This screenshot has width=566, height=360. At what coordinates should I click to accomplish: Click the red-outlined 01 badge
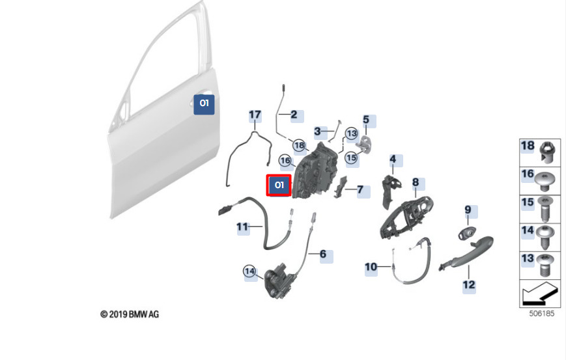(x=279, y=186)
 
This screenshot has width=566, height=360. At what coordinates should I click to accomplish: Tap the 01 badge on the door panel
(x=204, y=105)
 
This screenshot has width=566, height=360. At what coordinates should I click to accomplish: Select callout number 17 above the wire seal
(x=255, y=115)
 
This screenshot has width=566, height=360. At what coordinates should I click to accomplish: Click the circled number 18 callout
(x=299, y=145)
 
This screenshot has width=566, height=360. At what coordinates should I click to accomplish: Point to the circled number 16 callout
(x=285, y=161)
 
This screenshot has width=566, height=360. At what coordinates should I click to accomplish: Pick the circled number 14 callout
(x=250, y=271)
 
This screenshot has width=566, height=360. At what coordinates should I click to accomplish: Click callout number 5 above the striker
(x=366, y=119)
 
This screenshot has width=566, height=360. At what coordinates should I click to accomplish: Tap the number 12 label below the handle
(x=469, y=285)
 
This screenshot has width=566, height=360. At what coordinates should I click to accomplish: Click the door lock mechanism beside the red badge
(x=315, y=171)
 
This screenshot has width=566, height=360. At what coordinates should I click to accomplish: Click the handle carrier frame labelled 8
(x=406, y=217)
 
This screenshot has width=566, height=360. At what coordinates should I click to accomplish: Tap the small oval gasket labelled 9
(x=468, y=233)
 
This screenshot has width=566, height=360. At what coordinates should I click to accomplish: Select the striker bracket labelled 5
(x=365, y=144)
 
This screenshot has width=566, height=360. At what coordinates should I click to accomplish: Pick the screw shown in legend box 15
(x=545, y=209)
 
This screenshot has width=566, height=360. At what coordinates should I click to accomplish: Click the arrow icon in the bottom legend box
(x=539, y=293)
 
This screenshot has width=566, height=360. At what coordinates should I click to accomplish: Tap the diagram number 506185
(x=541, y=314)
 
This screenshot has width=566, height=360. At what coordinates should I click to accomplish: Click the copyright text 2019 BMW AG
(x=130, y=314)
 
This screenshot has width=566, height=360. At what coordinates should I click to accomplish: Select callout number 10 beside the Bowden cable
(x=371, y=267)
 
